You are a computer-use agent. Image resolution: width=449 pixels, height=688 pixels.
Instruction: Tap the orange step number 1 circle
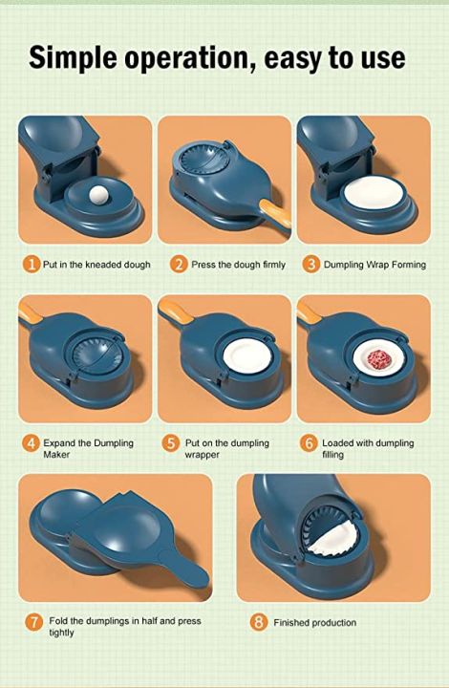[x=31, y=264]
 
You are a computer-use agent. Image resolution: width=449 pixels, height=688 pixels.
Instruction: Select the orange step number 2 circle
[x=178, y=264]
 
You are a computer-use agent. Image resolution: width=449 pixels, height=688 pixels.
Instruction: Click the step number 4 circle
[x=31, y=443]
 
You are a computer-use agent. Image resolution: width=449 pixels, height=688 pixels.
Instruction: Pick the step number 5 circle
[x=171, y=443]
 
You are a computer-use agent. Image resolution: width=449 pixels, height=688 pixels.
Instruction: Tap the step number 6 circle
[x=309, y=443]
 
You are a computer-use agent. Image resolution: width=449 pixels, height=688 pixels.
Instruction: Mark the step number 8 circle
[x=258, y=622]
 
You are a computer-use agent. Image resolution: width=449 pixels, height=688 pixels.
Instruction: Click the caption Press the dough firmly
[x=232, y=265]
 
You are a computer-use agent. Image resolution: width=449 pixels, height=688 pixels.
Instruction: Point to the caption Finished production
[x=314, y=623]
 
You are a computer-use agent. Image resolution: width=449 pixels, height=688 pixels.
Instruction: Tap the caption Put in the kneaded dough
[x=96, y=265]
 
